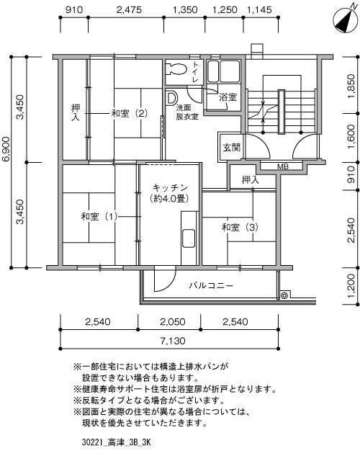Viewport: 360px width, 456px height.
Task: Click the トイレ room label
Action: (x=196, y=71)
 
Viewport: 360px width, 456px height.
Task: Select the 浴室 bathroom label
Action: (x=228, y=97)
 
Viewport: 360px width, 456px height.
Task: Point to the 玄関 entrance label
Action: (x=232, y=148)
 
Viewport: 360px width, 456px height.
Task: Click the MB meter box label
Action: (x=283, y=167)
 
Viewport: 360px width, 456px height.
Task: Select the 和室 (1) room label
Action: (x=99, y=216)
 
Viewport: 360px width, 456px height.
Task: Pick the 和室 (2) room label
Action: (x=130, y=113)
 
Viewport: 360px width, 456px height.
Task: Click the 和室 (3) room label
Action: (x=240, y=227)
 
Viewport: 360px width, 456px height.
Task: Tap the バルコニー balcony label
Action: (x=211, y=285)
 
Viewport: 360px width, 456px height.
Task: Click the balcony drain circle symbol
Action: (x=284, y=296)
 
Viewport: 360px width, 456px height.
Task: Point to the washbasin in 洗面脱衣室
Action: (x=171, y=98)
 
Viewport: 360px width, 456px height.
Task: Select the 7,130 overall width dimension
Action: (x=173, y=341)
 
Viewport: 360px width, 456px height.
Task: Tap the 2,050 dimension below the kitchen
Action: (x=173, y=321)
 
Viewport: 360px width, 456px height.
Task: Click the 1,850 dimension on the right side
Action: (x=351, y=86)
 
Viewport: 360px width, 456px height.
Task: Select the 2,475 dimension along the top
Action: (x=129, y=10)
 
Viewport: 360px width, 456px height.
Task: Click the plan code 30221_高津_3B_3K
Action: (x=116, y=443)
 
